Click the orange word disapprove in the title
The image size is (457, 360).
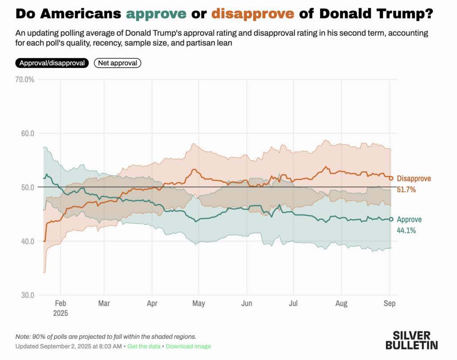pyautogui.click(x=253, y=14)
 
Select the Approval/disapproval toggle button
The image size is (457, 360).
pyautogui.click(x=52, y=63)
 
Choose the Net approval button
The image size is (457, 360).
pyautogui.click(x=117, y=63)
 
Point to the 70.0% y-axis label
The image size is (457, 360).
pyautogui.click(x=25, y=80)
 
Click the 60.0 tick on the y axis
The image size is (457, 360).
pyautogui.click(x=27, y=134)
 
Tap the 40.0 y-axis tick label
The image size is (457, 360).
pyautogui.click(x=27, y=241)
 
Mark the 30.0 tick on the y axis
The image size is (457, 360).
pyautogui.click(x=27, y=295)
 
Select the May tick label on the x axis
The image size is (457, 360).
pyautogui.click(x=199, y=304)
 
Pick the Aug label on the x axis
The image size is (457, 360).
pyautogui.click(x=341, y=304)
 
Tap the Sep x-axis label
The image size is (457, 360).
pyautogui.click(x=390, y=304)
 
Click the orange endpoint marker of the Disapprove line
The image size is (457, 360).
pyautogui.click(x=391, y=178)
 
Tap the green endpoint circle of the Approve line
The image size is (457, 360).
pyautogui.click(x=391, y=219)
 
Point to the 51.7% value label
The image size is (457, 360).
pyautogui.click(x=406, y=189)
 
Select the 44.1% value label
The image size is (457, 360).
pyautogui.click(x=406, y=230)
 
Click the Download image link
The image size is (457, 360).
pyautogui.click(x=189, y=346)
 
